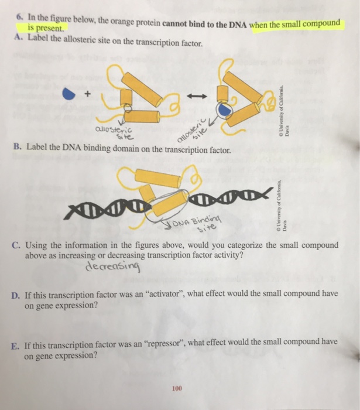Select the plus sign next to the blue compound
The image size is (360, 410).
(88, 92)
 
